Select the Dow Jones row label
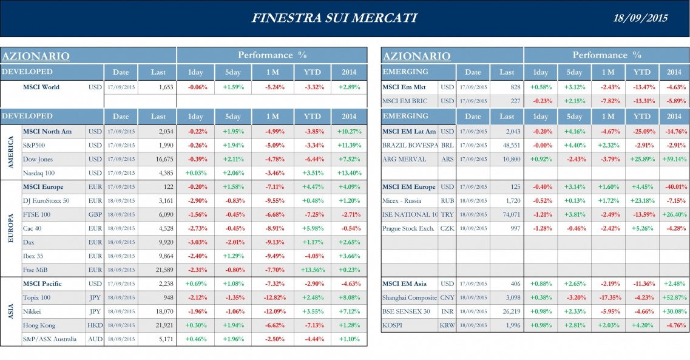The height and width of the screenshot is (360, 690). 38,159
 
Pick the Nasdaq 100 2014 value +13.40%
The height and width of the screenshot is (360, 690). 349,173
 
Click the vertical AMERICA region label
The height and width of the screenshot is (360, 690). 10,152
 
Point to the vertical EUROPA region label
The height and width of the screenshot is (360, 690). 10,228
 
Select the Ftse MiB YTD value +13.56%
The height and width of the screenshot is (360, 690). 312,270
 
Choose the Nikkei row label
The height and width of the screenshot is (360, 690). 33,311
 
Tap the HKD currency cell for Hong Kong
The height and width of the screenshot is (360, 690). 95,325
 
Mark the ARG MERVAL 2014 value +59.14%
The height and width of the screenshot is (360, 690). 674,159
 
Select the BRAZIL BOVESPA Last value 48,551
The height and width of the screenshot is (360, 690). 507,146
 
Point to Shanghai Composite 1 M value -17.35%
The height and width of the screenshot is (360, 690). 607,297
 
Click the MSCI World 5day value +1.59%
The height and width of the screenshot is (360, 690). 233,87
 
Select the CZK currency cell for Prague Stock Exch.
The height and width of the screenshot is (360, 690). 447,228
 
